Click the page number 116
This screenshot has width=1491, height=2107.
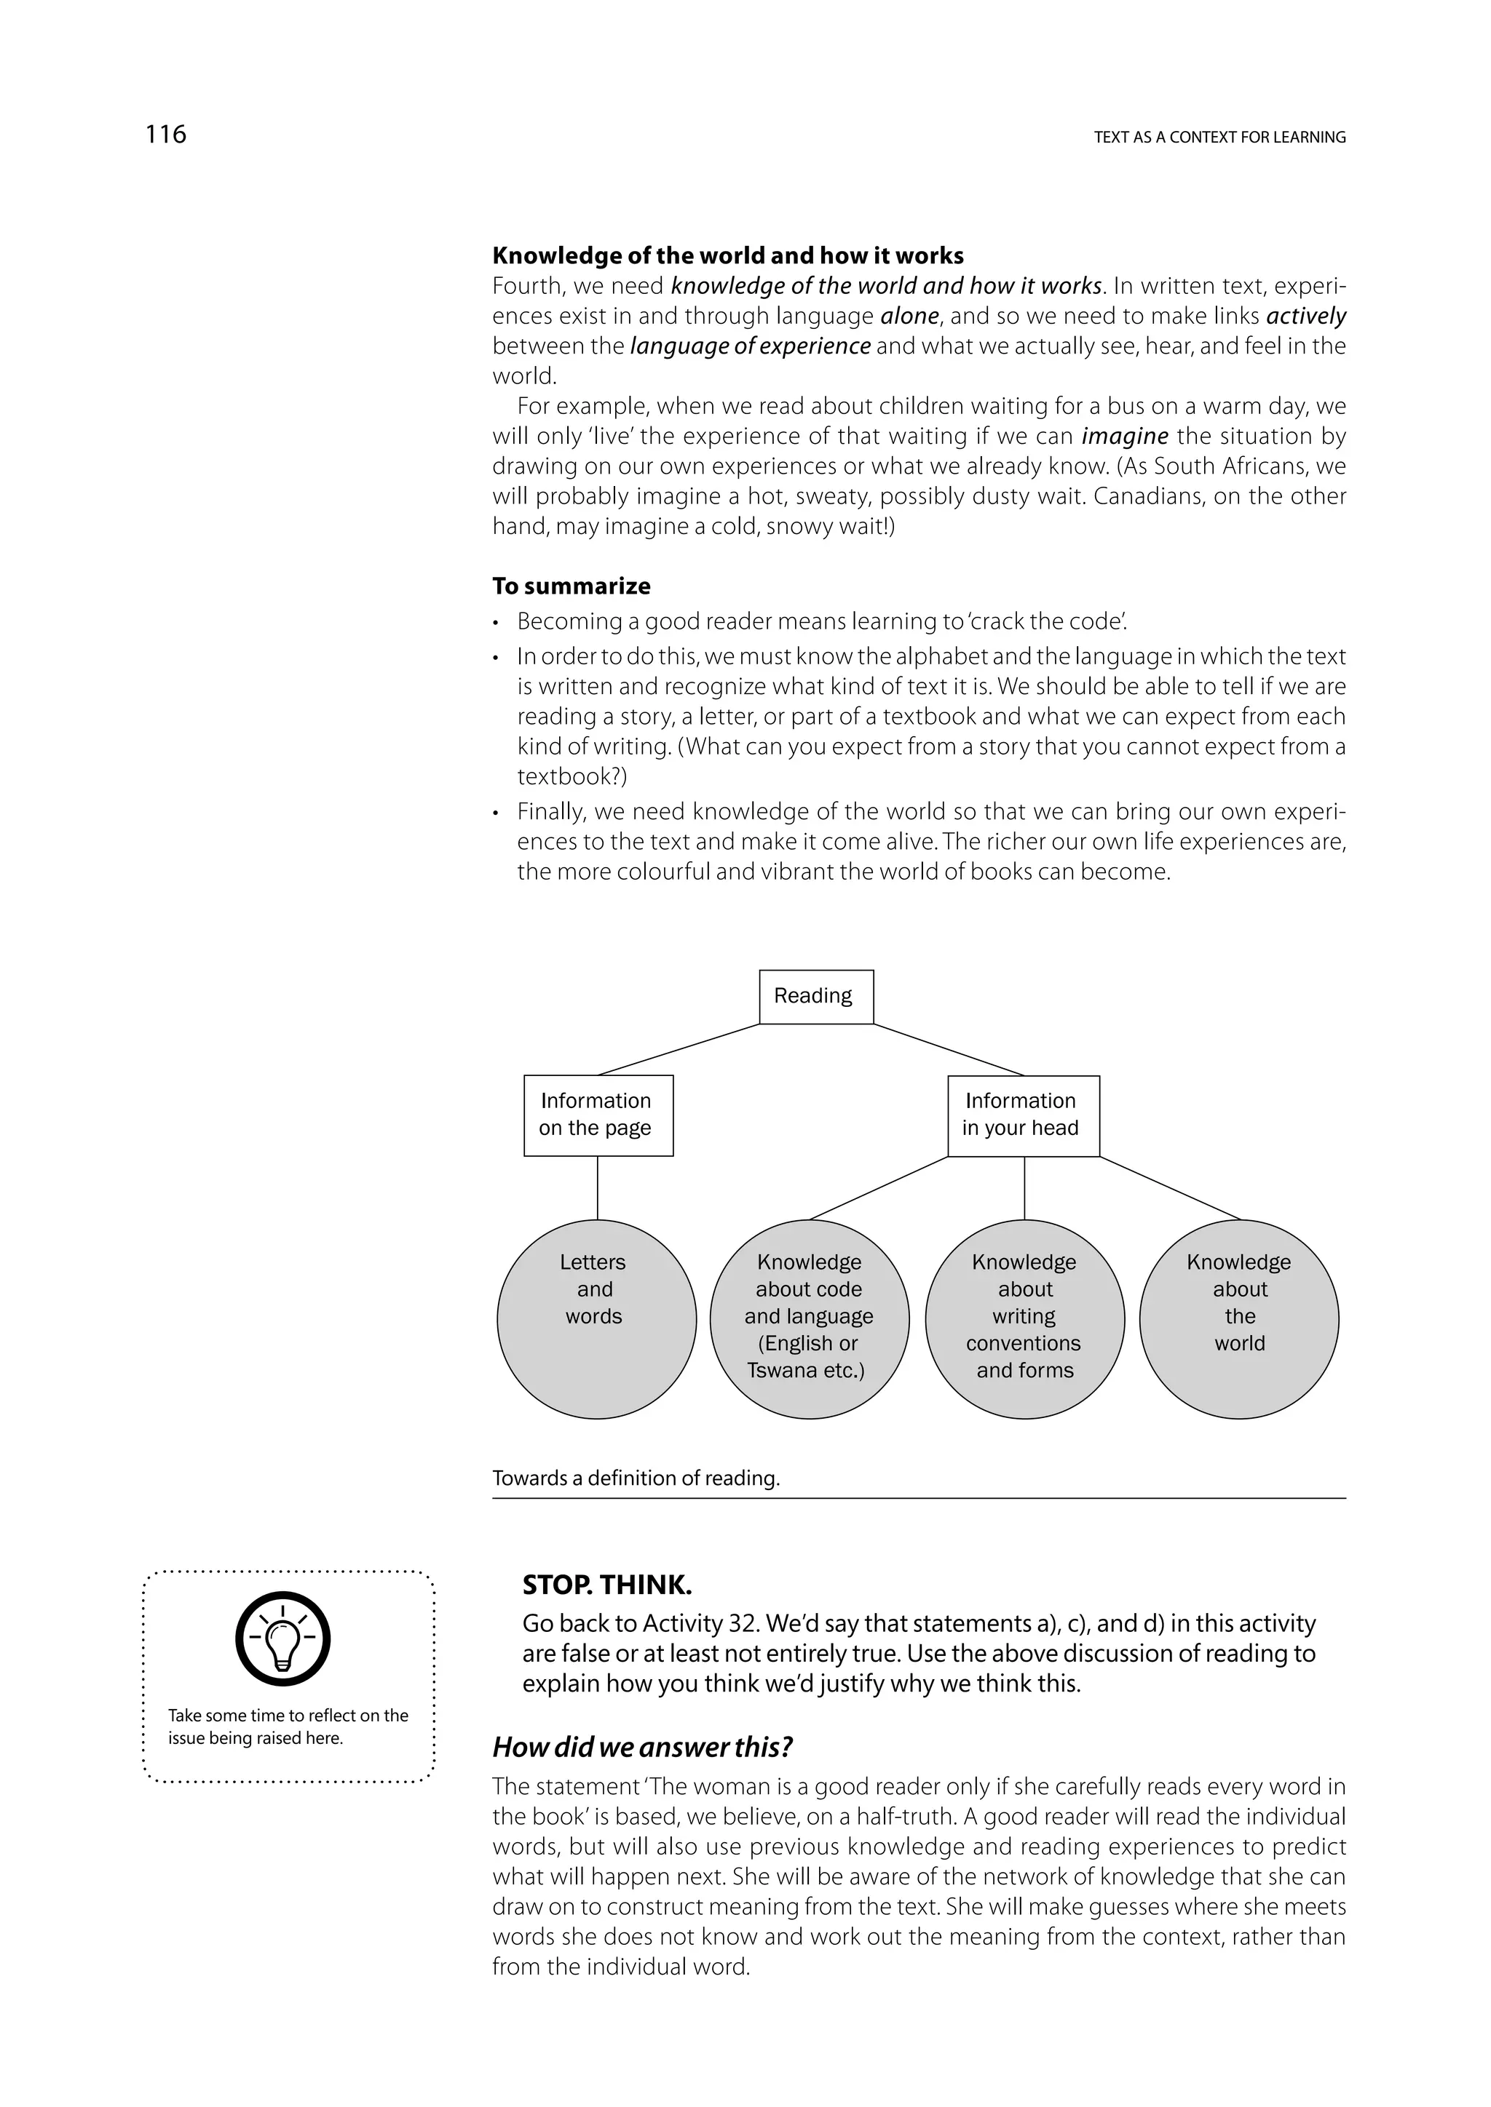pyautogui.click(x=165, y=135)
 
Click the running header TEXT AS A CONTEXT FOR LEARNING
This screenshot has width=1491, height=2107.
pyautogui.click(x=1219, y=138)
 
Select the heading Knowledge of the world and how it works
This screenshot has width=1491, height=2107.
pyautogui.click(x=727, y=255)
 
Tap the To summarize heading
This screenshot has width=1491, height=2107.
pyautogui.click(x=571, y=586)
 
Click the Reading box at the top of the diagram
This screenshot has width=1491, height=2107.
pyautogui.click(x=815, y=996)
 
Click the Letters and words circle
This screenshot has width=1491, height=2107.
pyautogui.click(x=596, y=1319)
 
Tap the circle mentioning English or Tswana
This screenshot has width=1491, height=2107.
pyautogui.click(x=809, y=1319)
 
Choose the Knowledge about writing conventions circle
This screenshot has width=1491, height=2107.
pyautogui.click(x=1024, y=1319)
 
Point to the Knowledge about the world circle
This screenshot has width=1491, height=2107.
pyautogui.click(x=1238, y=1319)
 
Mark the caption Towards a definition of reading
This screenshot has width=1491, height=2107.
pyautogui.click(x=636, y=1478)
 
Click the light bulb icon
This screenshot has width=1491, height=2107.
pyautogui.click(x=282, y=1640)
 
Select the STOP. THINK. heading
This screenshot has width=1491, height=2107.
pyautogui.click(x=607, y=1585)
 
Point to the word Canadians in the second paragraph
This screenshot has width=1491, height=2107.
pyautogui.click(x=1130, y=496)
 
